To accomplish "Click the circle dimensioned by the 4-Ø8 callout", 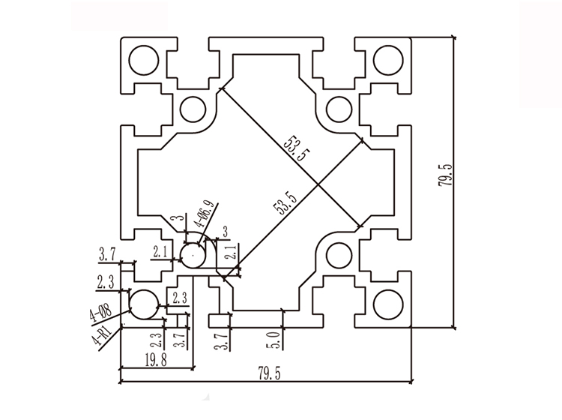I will tap(143, 304).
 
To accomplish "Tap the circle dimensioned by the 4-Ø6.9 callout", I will tap(194, 256).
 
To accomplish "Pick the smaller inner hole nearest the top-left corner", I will tap(193, 108).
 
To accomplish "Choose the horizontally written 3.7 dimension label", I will tap(106, 256).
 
